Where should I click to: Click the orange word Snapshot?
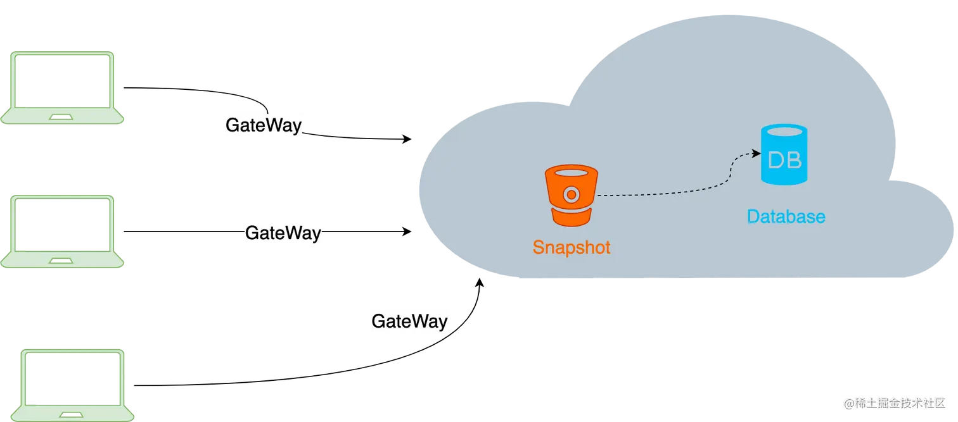pos(572,247)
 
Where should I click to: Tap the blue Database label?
pos(786,217)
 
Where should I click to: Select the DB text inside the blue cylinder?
pos(784,161)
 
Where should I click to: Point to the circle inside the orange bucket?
pos(571,194)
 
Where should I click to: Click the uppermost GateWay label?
pos(264,125)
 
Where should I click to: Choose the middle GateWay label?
pos(283,233)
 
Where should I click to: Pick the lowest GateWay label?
pos(409,321)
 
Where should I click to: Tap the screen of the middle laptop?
pos(61,225)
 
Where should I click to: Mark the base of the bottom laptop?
pos(71,414)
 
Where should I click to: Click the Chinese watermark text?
pos(900,402)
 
